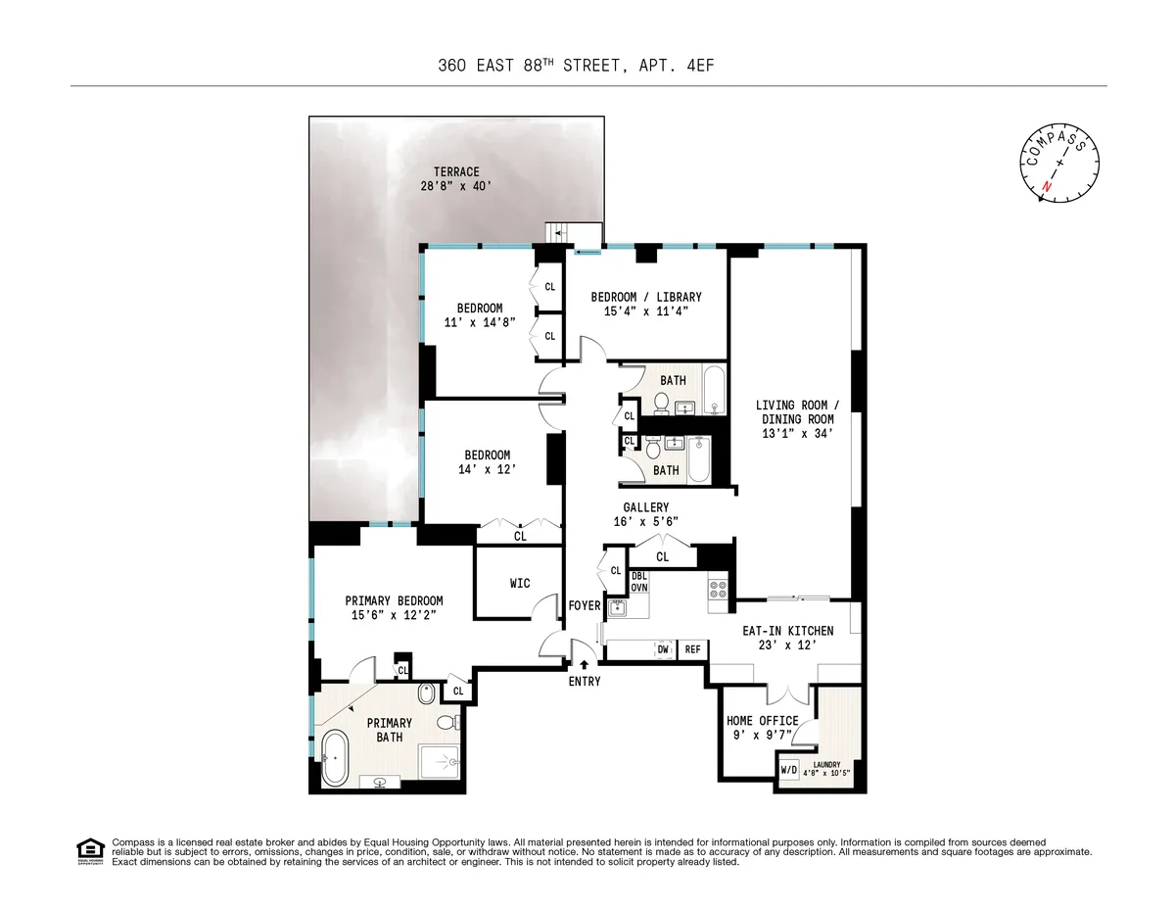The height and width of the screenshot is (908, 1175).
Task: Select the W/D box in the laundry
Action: click(x=789, y=769)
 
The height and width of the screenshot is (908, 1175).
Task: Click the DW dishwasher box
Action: click(x=663, y=649)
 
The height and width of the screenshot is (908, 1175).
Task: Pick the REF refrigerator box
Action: click(x=692, y=649)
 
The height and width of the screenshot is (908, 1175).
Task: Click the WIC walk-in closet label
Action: click(x=520, y=584)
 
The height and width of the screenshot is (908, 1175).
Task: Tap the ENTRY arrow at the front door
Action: click(x=585, y=666)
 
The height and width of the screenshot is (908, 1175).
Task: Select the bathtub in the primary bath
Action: click(x=334, y=758)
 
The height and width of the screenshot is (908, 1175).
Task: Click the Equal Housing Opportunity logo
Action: click(x=90, y=850)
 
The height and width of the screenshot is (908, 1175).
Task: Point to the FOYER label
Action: click(x=585, y=606)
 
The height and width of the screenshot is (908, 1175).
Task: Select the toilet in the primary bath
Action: click(x=446, y=723)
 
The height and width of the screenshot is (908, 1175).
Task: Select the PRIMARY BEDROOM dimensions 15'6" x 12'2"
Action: click(x=394, y=614)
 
